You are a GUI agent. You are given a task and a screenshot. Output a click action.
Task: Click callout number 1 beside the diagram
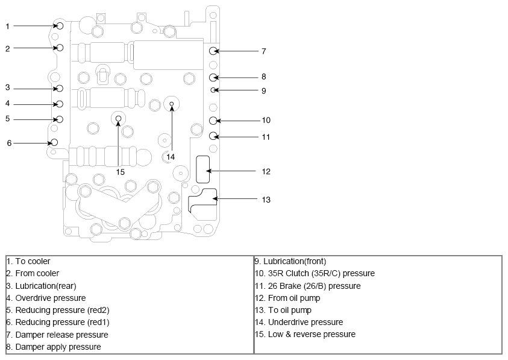pos(7,27)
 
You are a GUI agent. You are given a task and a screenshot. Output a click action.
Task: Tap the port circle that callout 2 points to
pos(60,48)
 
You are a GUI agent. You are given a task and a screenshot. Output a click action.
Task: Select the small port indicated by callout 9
pos(213,90)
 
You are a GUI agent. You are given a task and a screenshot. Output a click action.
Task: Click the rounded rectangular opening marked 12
pos(203,169)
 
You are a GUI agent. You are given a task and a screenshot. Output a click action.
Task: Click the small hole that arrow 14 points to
pos(172,104)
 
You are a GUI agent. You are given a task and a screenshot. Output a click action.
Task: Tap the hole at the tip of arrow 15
pos(118,118)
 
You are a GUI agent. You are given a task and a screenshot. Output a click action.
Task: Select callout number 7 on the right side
pos(264,51)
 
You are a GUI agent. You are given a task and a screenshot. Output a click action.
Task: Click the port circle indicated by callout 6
pos(54,142)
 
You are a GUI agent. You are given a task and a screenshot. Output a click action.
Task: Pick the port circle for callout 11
pos(213,136)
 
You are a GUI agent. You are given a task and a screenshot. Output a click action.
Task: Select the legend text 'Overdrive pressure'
pos(51,298)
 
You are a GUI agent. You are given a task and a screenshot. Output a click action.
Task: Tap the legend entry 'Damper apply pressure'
pos(58,347)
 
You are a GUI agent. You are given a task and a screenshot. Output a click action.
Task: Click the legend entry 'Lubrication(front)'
pos(295,261)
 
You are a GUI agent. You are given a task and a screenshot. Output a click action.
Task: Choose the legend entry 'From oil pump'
pos(294,298)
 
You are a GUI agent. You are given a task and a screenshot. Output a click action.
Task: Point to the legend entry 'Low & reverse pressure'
pos(312,335)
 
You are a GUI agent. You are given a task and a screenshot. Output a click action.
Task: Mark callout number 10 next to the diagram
pos(266,121)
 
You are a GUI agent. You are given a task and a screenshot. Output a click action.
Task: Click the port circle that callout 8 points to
pos(213,78)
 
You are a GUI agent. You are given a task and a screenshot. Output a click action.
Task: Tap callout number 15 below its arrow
pos(120,172)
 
